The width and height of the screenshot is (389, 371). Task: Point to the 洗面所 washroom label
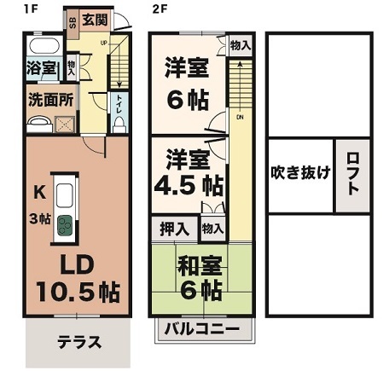tap(50, 98)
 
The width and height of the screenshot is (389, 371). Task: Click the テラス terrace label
tap(79, 344)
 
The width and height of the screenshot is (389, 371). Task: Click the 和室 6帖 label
tap(200, 278)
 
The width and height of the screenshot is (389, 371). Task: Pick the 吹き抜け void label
tap(300, 171)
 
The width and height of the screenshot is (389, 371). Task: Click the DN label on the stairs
tap(241, 117)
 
